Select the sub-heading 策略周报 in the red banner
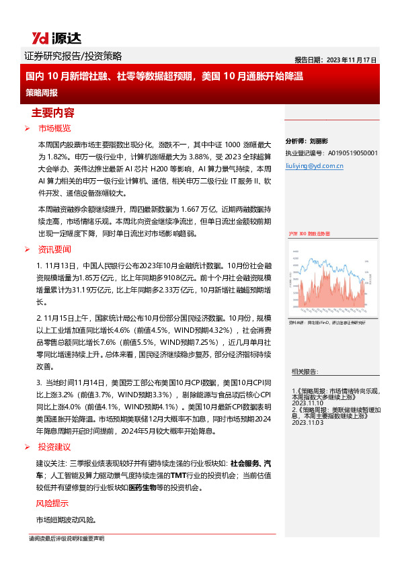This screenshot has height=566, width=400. click(x=42, y=91)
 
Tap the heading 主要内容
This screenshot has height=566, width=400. click(x=53, y=112)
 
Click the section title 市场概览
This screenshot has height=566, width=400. click(x=54, y=128)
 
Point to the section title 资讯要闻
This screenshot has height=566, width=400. click(x=54, y=249)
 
